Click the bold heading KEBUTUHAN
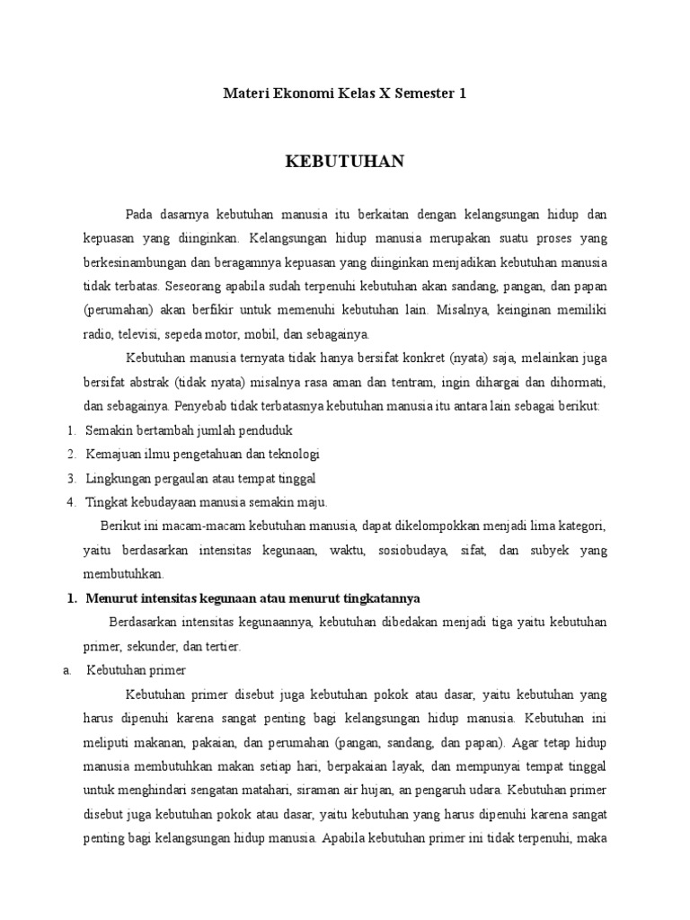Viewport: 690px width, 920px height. point(345,162)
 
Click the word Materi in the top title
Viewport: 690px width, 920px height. point(244,93)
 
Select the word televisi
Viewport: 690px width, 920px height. point(145,335)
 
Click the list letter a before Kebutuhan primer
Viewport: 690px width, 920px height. point(67,670)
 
